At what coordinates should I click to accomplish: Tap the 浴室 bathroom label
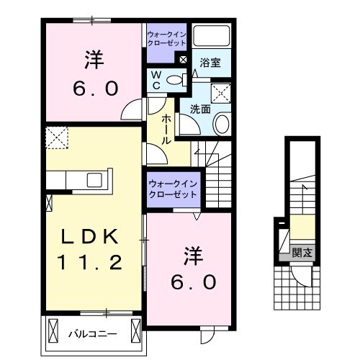(210, 63)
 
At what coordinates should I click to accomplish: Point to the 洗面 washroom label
(199, 108)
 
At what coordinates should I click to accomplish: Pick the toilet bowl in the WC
(175, 80)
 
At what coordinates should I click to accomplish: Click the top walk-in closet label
(166, 37)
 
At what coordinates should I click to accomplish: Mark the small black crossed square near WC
(183, 60)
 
